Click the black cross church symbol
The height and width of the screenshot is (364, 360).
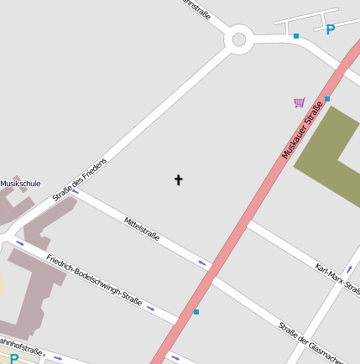(178, 179)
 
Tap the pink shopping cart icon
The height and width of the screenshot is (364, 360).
(300, 102)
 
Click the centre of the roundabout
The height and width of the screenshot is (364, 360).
(239, 39)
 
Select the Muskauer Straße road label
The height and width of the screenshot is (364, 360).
(303, 127)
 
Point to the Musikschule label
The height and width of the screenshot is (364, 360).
(20, 183)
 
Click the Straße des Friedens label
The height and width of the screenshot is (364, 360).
(80, 179)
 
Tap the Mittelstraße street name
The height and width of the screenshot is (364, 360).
(142, 229)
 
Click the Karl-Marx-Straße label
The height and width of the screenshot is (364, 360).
(337, 279)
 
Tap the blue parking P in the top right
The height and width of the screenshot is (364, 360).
(331, 29)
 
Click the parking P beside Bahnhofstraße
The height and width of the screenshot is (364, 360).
(14, 358)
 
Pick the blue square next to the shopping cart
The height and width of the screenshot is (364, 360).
(327, 99)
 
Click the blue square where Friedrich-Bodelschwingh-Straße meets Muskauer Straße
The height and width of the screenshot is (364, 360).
(196, 312)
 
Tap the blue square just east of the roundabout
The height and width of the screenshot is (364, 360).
(296, 36)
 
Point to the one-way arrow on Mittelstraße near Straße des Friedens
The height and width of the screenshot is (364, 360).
(76, 192)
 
